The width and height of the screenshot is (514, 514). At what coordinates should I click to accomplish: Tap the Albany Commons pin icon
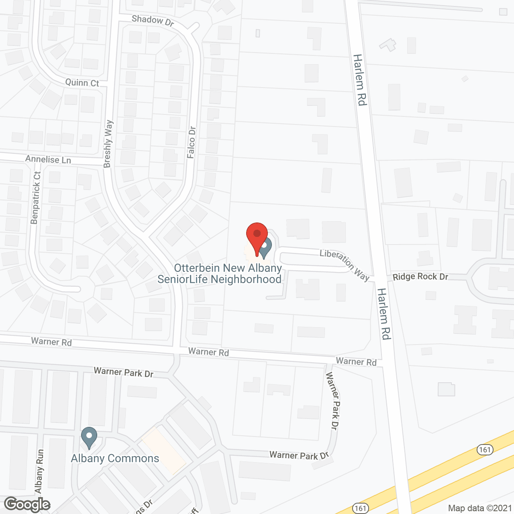click(x=89, y=437)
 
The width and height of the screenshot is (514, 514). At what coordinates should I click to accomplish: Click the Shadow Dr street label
click(x=153, y=20)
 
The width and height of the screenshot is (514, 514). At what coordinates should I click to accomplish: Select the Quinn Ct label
click(x=82, y=83)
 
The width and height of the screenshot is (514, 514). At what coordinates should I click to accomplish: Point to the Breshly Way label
click(x=108, y=144)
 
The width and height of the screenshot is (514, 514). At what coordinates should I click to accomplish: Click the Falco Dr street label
click(x=192, y=142)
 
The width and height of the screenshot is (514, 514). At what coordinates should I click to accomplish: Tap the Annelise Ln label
click(x=48, y=159)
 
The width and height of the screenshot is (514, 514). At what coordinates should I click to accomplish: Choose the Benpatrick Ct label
click(x=36, y=198)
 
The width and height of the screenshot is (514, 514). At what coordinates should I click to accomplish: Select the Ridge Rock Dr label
click(x=420, y=277)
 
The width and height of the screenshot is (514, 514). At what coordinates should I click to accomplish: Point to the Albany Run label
click(x=39, y=471)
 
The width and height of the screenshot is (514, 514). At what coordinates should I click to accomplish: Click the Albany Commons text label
click(x=115, y=459)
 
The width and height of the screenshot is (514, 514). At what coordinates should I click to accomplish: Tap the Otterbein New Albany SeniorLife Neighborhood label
click(x=220, y=274)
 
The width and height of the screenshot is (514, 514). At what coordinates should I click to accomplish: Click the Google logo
click(x=27, y=504)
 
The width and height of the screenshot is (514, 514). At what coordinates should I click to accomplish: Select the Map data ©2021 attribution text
click(x=480, y=508)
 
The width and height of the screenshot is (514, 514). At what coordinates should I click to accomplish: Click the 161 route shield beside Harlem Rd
click(x=485, y=449)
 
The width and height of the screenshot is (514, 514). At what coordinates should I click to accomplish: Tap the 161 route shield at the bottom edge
click(x=361, y=508)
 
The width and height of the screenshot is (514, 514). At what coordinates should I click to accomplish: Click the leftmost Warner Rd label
click(x=51, y=342)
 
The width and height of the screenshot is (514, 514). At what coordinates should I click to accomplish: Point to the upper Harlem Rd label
click(x=359, y=80)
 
